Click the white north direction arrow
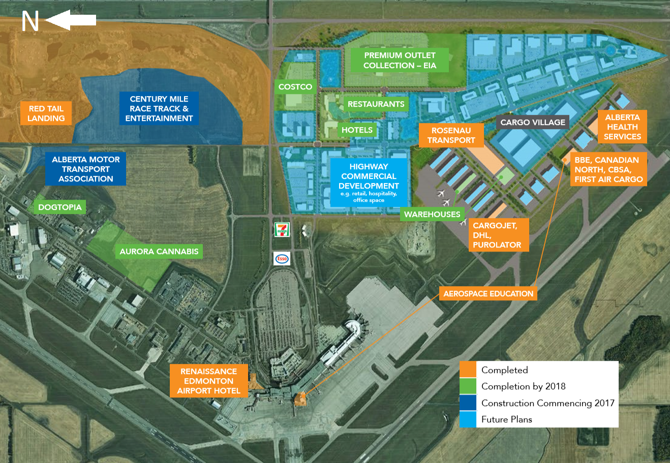click(x=71, y=20)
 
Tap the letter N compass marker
click(x=30, y=21)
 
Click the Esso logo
click(x=282, y=259)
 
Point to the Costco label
click(x=295, y=87)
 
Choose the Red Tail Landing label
click(x=46, y=113)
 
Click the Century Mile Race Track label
click(x=159, y=109)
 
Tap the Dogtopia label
click(x=60, y=207)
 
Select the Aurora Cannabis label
click(x=159, y=252)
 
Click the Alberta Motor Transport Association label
click(x=86, y=169)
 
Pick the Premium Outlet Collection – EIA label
click(x=400, y=60)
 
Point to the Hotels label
click(x=357, y=130)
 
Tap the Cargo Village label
click(x=533, y=122)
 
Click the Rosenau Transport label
click(x=451, y=135)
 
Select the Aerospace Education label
click(x=489, y=294)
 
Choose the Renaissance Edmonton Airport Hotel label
click(x=209, y=381)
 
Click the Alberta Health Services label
click(x=622, y=127)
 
